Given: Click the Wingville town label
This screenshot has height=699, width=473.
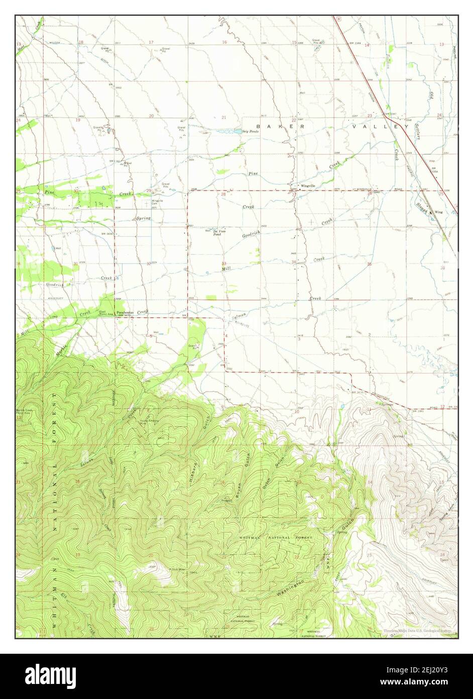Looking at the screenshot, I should pyautogui.click(x=308, y=186).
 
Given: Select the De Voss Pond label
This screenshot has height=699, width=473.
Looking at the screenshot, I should pyautogui.click(x=217, y=233).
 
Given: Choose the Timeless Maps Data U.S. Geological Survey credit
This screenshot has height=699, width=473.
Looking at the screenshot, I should pyautogui.click(x=416, y=630).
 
